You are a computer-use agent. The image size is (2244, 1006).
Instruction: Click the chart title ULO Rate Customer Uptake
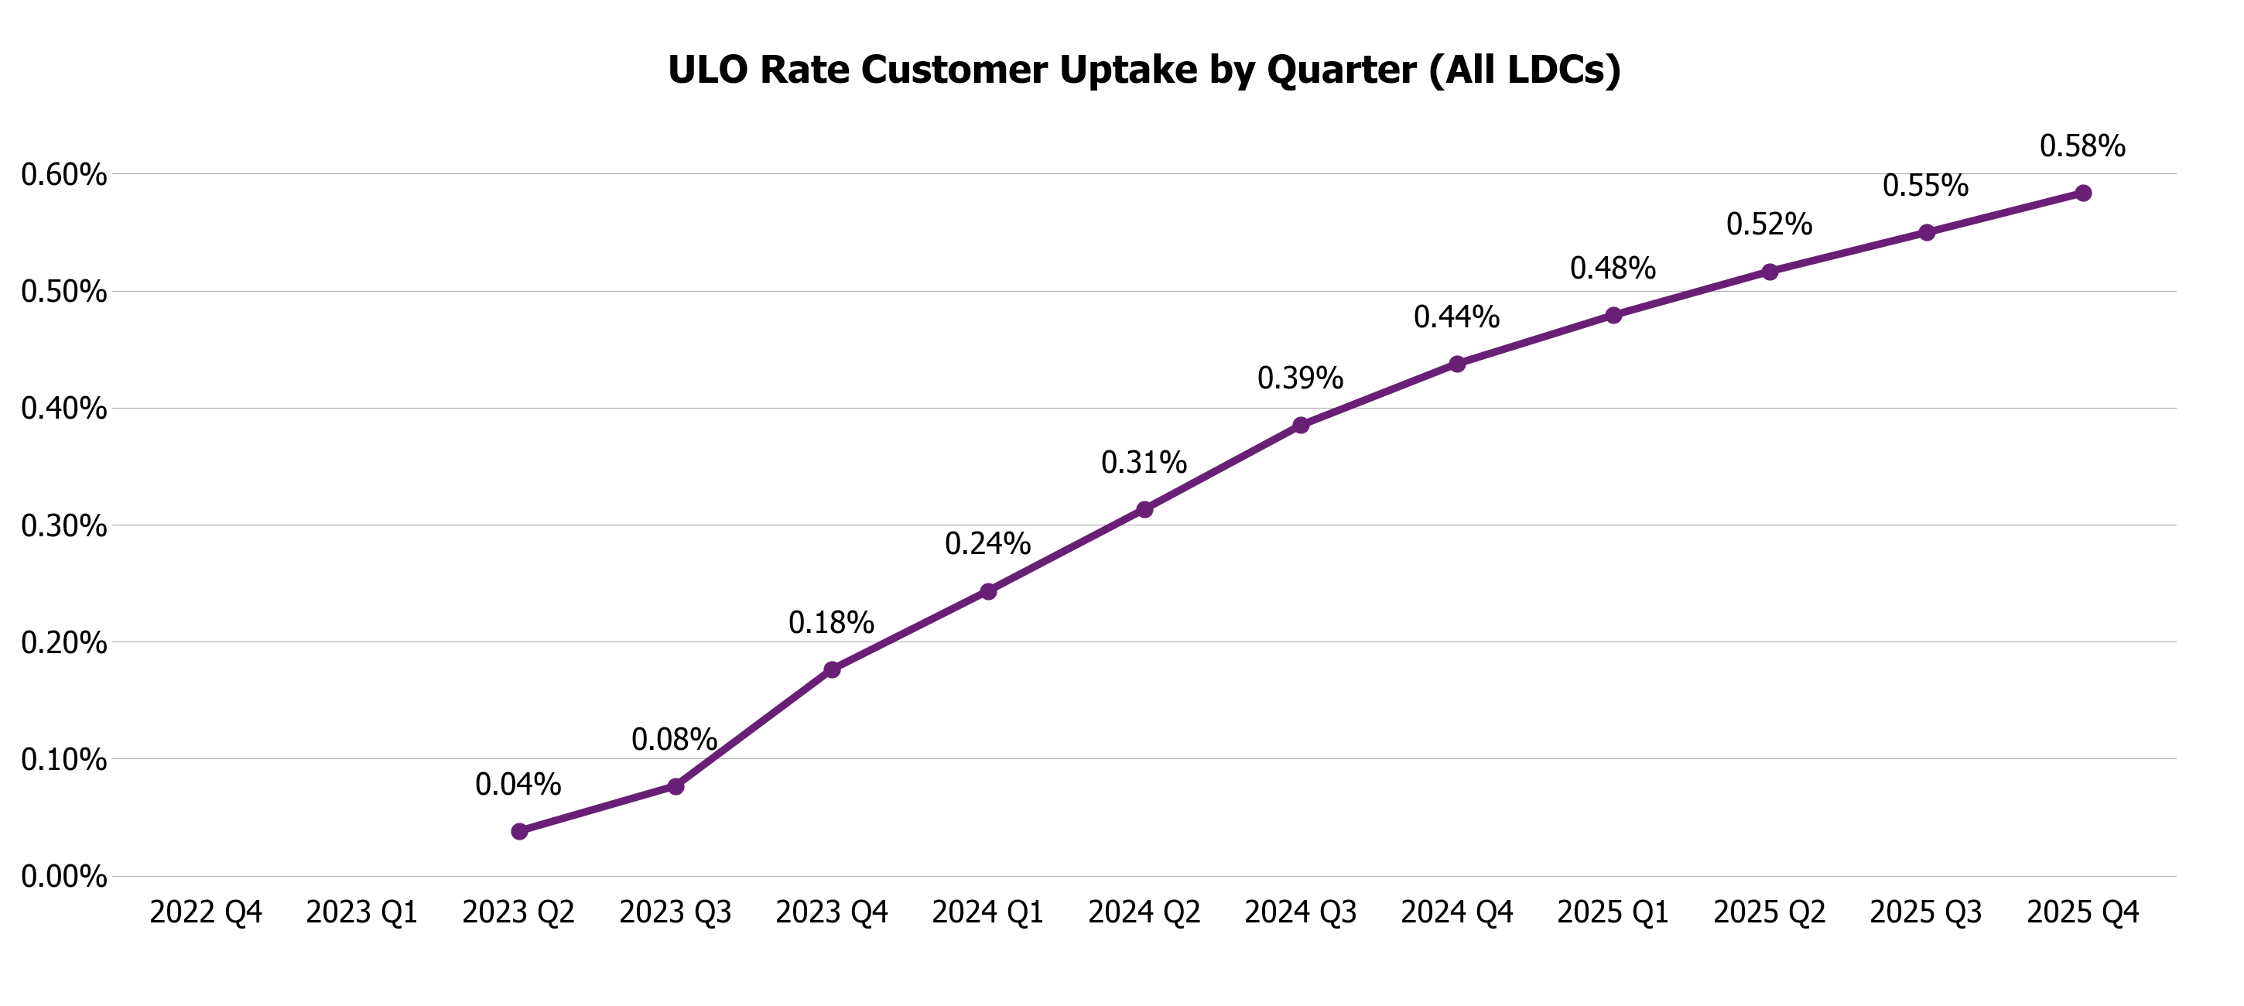click(1144, 70)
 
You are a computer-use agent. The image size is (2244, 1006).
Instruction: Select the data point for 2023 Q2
click(519, 831)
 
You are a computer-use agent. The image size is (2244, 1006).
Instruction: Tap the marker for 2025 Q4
click(2083, 193)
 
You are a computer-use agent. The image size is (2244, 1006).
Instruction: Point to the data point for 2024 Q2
click(1144, 508)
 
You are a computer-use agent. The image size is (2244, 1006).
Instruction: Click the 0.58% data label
click(2082, 146)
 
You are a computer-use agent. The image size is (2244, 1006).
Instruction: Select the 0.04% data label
click(518, 785)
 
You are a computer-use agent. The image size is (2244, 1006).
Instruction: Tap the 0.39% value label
click(1300, 378)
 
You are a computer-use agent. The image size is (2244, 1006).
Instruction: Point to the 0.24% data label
click(987, 544)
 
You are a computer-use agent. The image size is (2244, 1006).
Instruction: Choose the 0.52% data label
click(1768, 224)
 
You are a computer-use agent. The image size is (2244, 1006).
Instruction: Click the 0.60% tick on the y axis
click(63, 175)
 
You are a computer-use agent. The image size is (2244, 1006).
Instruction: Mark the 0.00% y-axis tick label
click(63, 876)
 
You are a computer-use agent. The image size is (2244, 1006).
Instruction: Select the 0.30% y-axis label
click(63, 526)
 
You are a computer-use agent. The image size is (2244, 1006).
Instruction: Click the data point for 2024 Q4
click(1457, 363)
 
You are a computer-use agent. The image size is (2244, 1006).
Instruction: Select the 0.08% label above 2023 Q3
click(674, 741)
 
